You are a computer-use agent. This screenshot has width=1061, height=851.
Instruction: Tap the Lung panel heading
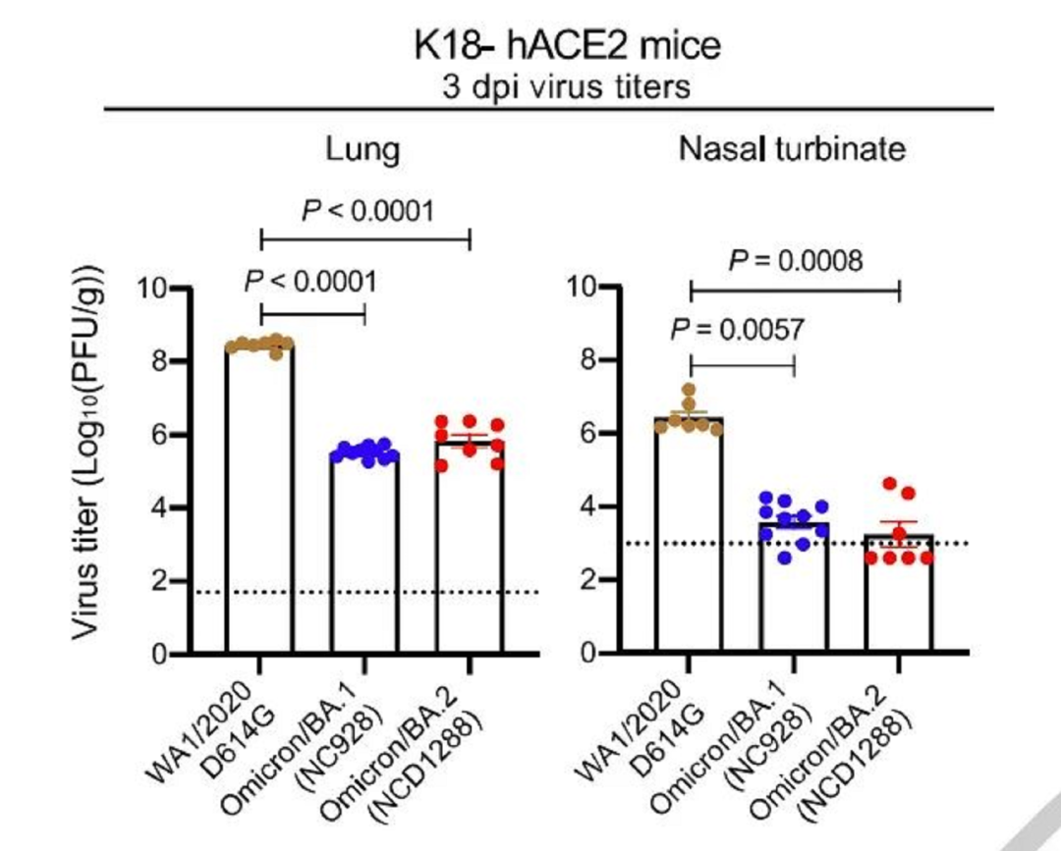tap(363, 150)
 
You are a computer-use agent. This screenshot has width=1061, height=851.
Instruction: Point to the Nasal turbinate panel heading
tap(791, 150)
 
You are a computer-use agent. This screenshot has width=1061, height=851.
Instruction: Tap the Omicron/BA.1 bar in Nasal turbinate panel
tap(794, 589)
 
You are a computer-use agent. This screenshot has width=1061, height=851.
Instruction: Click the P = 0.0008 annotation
tap(796, 261)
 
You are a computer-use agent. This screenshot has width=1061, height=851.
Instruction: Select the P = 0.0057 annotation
tap(737, 330)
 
